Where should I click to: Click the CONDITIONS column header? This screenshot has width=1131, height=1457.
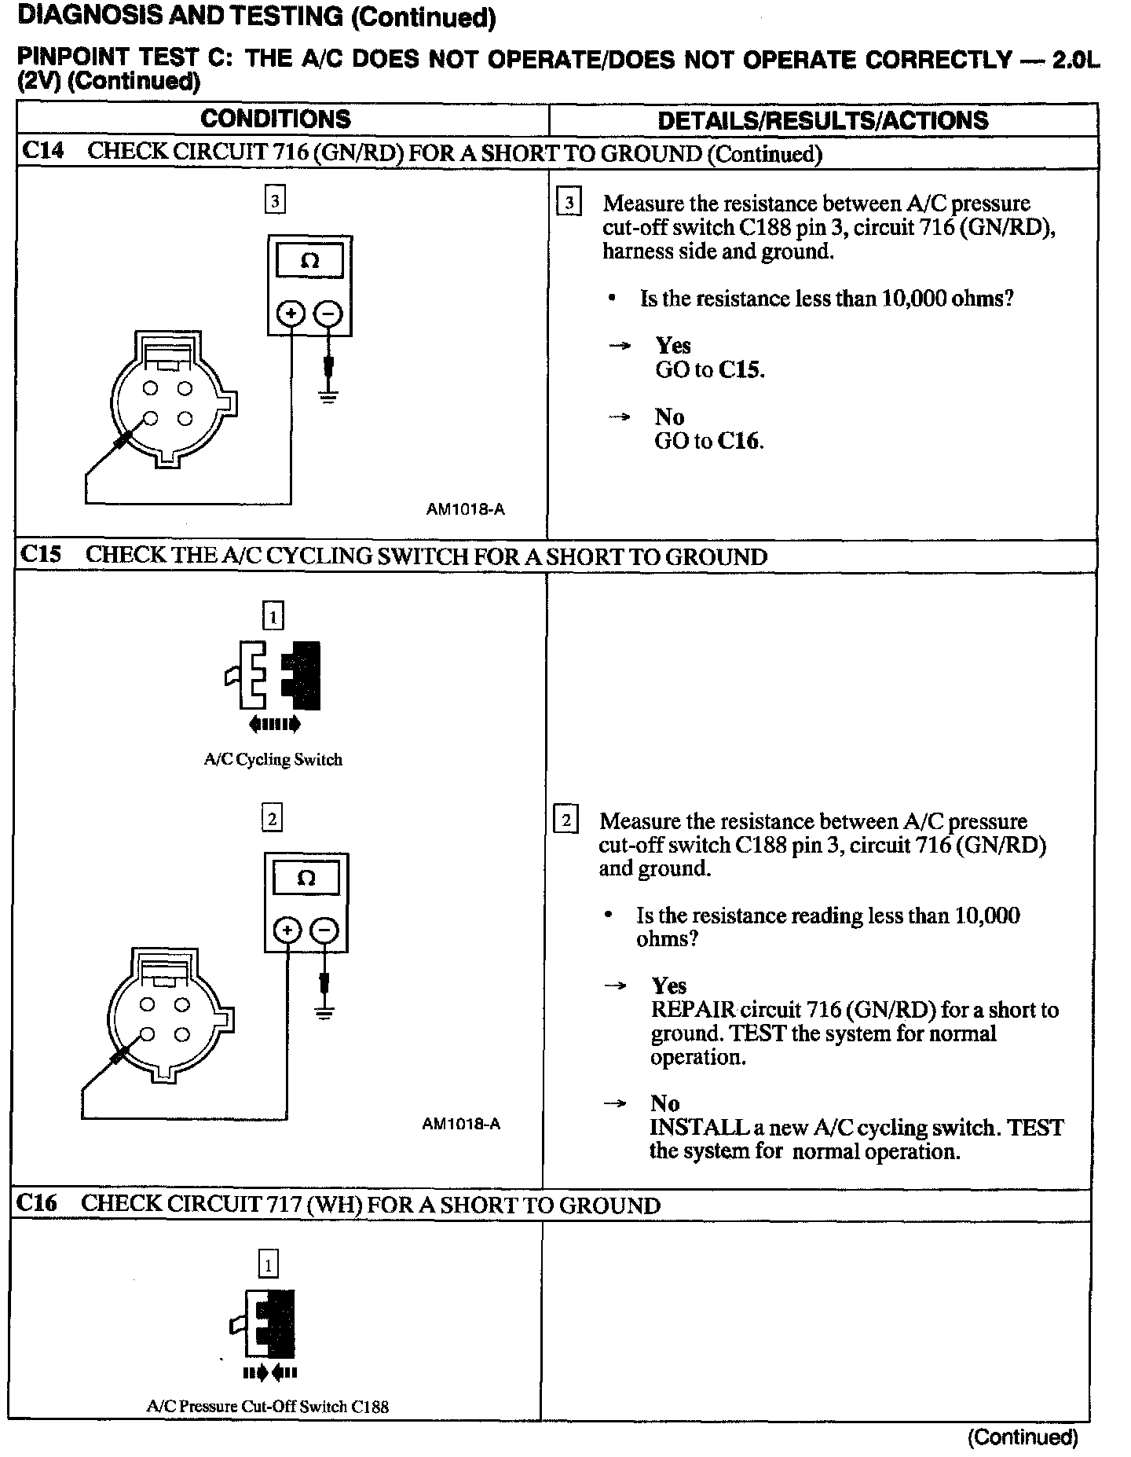point(276,119)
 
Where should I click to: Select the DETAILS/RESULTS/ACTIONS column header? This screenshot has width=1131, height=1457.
point(822,120)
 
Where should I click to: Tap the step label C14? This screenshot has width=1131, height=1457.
point(42,151)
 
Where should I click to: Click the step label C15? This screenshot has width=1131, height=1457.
point(40,555)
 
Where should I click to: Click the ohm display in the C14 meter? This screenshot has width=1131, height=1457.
point(309,262)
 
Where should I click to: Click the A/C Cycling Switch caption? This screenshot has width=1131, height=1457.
point(273,760)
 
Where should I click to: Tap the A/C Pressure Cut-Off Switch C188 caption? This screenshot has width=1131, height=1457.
point(267,1407)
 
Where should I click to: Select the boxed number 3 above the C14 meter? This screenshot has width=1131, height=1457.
point(275,200)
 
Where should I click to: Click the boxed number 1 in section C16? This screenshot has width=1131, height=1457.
point(268,1265)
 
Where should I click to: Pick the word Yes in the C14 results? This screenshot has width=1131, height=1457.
point(673,346)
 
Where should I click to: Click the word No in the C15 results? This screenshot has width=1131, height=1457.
point(664,1103)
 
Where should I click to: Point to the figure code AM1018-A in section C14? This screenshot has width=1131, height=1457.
point(465,509)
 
